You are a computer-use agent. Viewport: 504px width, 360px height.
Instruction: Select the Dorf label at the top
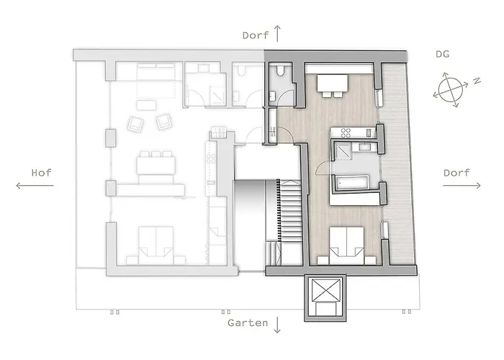coord(256,35)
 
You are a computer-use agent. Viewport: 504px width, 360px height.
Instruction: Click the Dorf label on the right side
coord(456,173)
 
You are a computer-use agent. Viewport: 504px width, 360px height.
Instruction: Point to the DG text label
coord(444,54)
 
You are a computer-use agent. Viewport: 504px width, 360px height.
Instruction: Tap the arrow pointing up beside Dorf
coord(278,32)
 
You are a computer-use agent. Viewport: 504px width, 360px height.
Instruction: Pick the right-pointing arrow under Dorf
coord(462,186)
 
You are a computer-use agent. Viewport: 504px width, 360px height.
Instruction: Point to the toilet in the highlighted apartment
coord(279,73)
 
